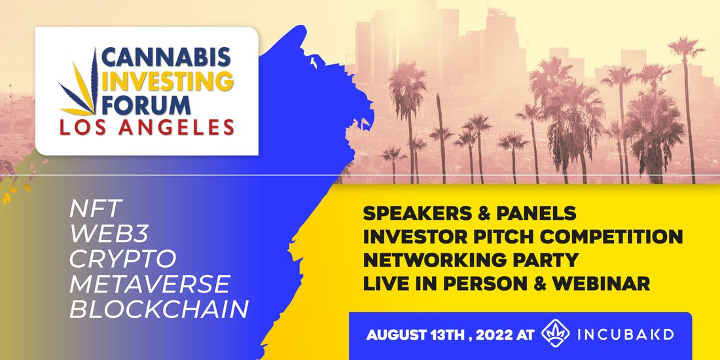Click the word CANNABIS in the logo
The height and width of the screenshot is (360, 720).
point(166,57)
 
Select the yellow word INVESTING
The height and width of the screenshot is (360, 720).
point(168,81)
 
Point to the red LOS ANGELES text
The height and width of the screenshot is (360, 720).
point(147,127)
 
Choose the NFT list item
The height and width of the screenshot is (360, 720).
point(96,209)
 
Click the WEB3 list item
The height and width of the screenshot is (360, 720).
point(109,234)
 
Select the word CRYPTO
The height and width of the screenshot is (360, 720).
point(122,259)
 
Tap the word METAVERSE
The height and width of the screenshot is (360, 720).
point(149,284)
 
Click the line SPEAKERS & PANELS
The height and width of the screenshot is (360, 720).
point(469,213)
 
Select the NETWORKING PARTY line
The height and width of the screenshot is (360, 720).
point(470,260)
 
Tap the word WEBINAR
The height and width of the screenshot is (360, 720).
point(601,283)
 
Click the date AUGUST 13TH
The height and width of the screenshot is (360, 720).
point(417,334)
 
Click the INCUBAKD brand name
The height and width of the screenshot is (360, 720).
point(625,334)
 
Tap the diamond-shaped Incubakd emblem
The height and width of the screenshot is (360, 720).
point(556,333)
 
